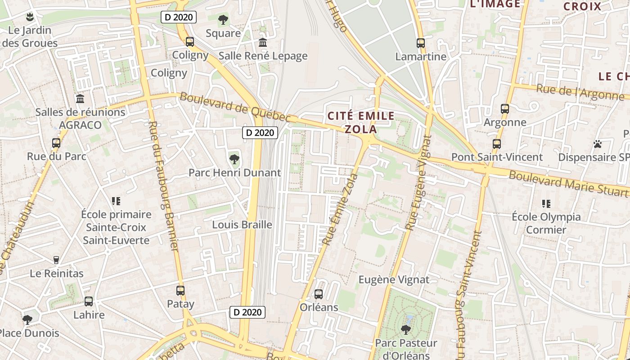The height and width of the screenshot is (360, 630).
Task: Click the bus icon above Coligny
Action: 190,42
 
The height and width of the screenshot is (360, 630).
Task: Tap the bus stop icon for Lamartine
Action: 421,43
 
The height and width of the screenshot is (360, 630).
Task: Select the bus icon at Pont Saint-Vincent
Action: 497,144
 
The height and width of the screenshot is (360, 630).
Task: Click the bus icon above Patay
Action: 180,291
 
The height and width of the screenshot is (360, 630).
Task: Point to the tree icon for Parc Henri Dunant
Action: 234,159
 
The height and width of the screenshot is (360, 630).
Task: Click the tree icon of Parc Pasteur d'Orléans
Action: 406,329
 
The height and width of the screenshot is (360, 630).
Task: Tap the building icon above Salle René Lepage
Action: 263,43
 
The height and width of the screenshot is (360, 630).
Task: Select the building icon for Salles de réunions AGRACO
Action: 80,99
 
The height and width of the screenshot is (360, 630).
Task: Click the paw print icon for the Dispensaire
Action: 598,144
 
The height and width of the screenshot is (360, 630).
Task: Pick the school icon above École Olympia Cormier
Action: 546,203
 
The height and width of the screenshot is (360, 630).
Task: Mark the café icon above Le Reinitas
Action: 56,260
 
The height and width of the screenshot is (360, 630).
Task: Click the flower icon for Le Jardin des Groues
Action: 30,17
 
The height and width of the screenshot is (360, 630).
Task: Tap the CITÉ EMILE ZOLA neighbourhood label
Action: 361,122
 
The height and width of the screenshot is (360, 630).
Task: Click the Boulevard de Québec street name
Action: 235,107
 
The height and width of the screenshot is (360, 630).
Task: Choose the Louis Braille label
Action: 242,225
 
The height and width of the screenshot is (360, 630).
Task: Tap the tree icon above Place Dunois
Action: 27,320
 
